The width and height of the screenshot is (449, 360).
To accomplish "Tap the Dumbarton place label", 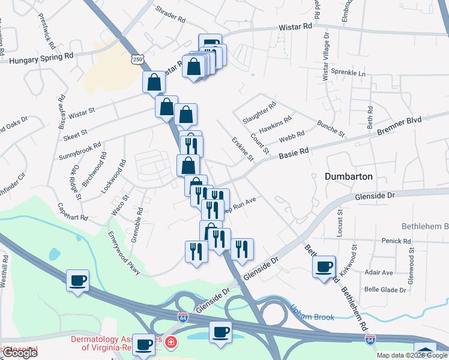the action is (349, 176).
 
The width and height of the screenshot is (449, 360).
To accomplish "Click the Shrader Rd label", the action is (170, 14).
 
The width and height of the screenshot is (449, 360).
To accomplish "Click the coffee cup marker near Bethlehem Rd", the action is (324, 266).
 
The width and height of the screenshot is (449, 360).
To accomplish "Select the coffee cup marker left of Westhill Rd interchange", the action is (78, 280).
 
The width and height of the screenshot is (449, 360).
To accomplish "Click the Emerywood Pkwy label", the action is (124, 253).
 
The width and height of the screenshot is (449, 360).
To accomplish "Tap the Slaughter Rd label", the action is (259, 112).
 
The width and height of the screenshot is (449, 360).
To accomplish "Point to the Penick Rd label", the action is (396, 241).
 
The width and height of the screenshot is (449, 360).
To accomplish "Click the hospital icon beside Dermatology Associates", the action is (171, 343).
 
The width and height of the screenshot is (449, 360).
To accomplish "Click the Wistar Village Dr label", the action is (327, 56).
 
